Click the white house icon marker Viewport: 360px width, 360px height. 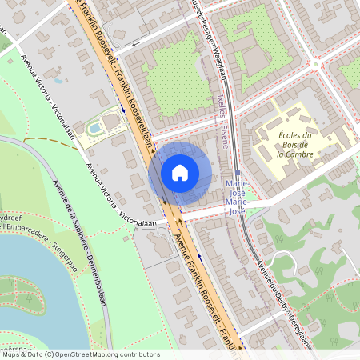click(x=180, y=173)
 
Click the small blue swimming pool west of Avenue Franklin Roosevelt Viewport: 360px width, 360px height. click(x=94, y=126)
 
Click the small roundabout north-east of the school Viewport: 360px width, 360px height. click(x=318, y=64)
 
